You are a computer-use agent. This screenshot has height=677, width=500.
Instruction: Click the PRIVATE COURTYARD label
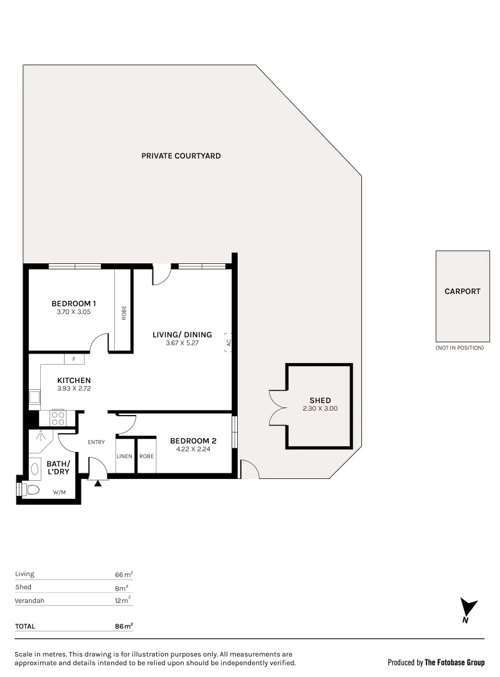[181, 155]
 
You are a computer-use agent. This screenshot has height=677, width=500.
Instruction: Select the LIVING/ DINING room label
[182, 335]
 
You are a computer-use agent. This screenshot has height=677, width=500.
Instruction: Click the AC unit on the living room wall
[229, 342]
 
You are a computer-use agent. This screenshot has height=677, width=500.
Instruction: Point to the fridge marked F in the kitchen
[74, 359]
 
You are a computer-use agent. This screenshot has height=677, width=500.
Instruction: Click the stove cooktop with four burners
[58, 417]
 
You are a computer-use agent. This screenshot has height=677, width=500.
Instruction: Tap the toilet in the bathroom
[30, 490]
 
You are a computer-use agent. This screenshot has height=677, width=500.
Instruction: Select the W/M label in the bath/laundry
[60, 492]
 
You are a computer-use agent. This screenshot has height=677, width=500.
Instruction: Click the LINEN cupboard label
[124, 456]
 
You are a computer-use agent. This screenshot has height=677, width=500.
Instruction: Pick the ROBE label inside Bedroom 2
[147, 456]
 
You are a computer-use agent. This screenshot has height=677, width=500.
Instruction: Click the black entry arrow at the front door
[97, 483]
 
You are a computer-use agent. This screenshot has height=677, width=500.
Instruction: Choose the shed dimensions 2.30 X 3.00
[319, 409]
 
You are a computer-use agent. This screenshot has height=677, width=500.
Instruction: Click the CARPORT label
[462, 291]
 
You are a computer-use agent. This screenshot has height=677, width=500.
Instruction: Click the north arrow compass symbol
[467, 610]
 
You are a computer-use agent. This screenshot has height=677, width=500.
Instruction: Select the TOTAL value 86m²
[124, 626]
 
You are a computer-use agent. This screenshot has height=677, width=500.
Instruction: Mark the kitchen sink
[33, 397]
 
